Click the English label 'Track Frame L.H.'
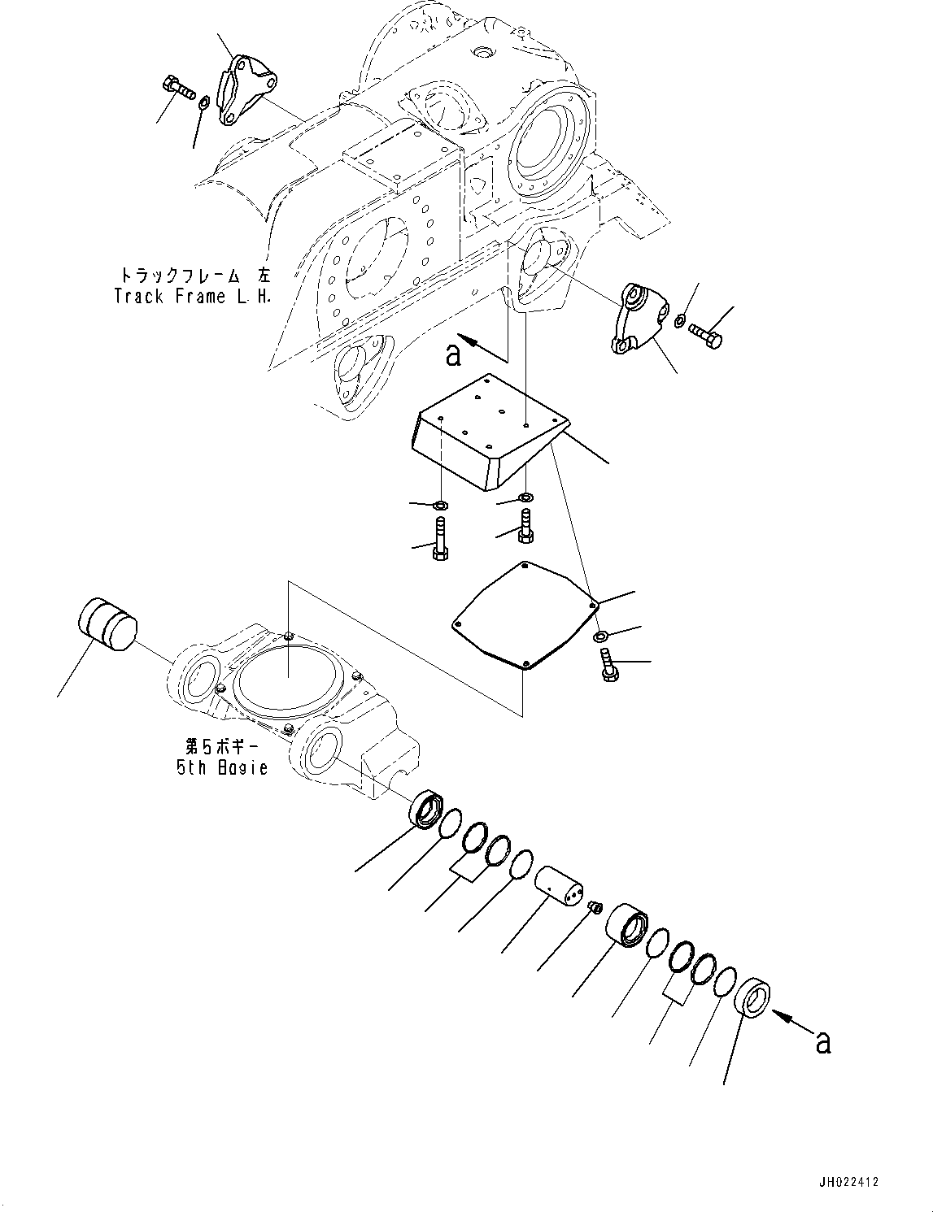click(192, 297)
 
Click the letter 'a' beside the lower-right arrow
click(823, 1041)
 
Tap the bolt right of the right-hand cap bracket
click(705, 334)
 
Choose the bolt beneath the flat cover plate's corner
click(607, 665)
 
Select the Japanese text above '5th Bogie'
click(222, 745)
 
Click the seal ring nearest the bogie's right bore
click(425, 811)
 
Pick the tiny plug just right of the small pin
click(595, 906)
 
